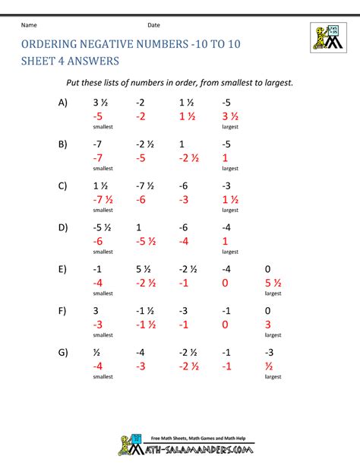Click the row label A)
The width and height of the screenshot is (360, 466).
[62, 102]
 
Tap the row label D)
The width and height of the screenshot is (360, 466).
[62, 227]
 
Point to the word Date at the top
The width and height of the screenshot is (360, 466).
[153, 24]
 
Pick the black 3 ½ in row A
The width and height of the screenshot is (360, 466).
[102, 102]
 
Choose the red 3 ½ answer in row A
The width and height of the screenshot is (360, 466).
[231, 116]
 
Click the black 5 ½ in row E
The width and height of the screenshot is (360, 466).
[145, 268]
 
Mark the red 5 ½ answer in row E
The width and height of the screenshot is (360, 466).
[274, 283]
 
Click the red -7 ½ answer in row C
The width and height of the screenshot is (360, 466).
[103, 200]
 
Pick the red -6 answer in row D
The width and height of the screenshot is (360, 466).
[99, 242]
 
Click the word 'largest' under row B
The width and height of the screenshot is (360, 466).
[230, 169]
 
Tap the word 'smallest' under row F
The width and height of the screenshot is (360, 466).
[103, 335]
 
